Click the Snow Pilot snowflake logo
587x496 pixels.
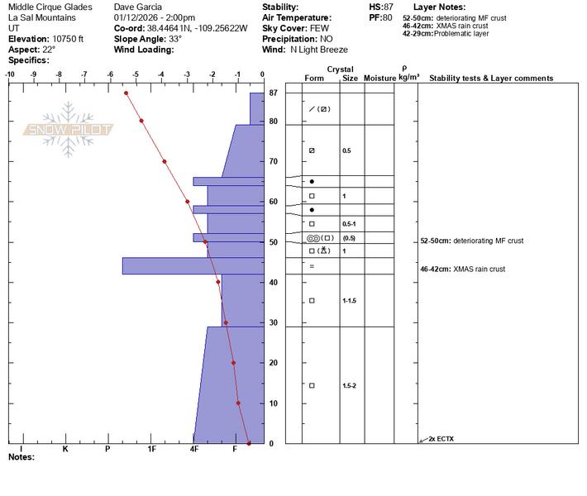click(x=68, y=130)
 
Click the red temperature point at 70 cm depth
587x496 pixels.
click(x=165, y=162)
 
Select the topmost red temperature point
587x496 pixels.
click(x=126, y=93)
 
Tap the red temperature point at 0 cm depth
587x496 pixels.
click(x=249, y=443)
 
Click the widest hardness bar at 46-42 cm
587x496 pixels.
click(x=193, y=266)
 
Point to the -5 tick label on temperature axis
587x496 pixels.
click(x=136, y=74)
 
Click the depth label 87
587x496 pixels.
click(x=274, y=93)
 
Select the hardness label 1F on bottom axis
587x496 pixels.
click(x=151, y=449)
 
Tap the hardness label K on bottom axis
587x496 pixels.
click(x=65, y=449)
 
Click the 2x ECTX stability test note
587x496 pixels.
click(x=441, y=439)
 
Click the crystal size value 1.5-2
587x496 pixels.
click(x=349, y=385)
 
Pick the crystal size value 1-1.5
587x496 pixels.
click(x=349, y=301)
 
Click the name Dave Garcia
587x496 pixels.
click(x=138, y=7)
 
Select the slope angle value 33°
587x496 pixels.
click(x=175, y=39)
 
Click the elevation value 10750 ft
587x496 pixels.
click(x=68, y=39)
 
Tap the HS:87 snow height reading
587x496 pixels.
click(x=381, y=7)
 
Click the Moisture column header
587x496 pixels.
click(x=379, y=79)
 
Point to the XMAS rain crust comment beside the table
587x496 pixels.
click(x=463, y=269)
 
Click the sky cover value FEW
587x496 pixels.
click(x=319, y=28)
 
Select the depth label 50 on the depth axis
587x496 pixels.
click(x=274, y=242)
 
